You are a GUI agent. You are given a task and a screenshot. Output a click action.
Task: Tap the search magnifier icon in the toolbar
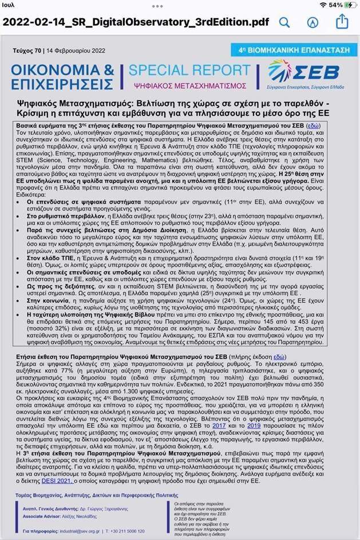point(284,22)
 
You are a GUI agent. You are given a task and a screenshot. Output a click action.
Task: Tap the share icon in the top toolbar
point(342,21)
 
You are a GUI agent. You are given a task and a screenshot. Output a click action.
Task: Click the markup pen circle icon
point(312,22)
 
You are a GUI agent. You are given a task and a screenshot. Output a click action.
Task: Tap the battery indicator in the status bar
point(351,5)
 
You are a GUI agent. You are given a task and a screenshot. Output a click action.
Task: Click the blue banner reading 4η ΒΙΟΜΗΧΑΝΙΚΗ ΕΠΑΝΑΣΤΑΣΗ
point(291,49)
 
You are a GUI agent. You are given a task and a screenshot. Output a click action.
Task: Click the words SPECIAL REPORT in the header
point(189,70)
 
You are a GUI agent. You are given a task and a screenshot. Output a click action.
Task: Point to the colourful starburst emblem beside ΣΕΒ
point(279,72)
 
